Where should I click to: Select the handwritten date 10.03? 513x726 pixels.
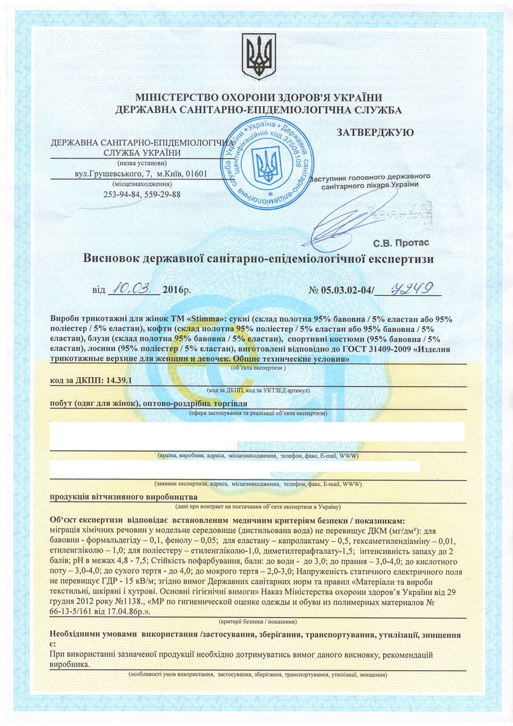(x=135, y=290)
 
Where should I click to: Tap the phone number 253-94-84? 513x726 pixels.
(x=120, y=194)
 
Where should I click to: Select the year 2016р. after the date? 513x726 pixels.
(x=177, y=291)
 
